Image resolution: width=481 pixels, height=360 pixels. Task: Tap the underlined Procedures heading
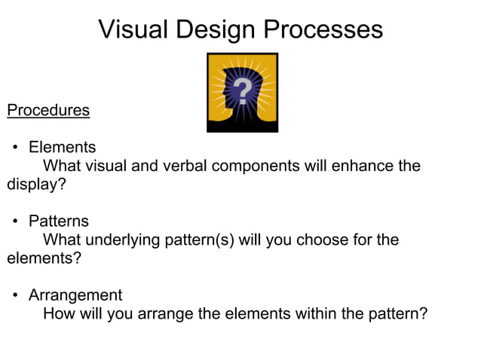(48, 111)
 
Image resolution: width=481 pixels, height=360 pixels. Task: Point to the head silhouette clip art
(242, 93)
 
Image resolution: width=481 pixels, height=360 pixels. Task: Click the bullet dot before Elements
(14, 148)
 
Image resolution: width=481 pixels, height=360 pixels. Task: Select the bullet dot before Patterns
(14, 221)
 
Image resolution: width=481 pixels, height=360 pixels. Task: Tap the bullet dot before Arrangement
(14, 295)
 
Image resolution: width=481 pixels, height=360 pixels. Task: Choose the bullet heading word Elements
(63, 148)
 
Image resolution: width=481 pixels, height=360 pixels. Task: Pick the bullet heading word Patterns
(59, 221)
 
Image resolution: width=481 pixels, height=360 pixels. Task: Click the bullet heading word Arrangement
(75, 295)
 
